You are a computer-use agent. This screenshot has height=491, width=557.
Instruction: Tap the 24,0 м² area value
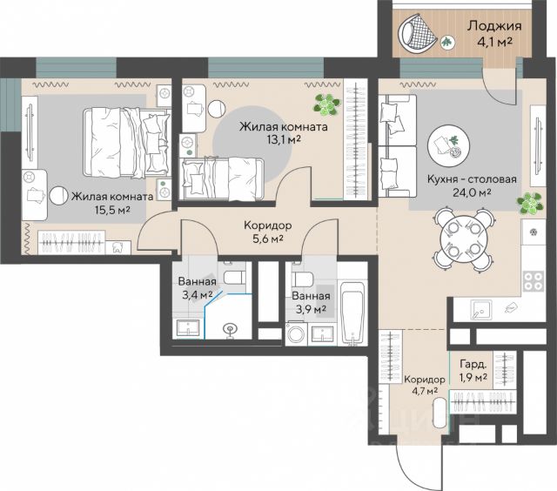click(472, 192)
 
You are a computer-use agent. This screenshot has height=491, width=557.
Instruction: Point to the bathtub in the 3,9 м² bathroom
click(352, 313)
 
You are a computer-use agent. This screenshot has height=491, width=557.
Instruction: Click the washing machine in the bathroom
click(296, 333)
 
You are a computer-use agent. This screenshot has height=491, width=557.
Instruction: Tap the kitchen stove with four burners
click(534, 281)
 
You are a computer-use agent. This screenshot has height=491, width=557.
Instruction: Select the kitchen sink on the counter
click(481, 310)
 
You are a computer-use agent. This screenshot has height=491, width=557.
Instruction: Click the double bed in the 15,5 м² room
click(125, 143)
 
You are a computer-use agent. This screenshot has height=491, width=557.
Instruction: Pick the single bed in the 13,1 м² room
click(223, 178)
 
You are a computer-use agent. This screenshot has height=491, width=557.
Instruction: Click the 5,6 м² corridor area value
click(268, 239)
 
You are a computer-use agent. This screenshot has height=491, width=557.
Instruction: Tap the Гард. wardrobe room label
click(473, 364)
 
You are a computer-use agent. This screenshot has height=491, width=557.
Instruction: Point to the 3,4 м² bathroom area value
click(198, 294)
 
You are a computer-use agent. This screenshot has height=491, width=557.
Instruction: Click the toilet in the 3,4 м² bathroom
click(234, 274)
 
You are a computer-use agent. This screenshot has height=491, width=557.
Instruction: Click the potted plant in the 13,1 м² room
click(326, 104)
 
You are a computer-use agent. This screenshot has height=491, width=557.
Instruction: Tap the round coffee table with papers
click(449, 145)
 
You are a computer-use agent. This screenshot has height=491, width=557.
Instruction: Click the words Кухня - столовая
click(472, 179)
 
